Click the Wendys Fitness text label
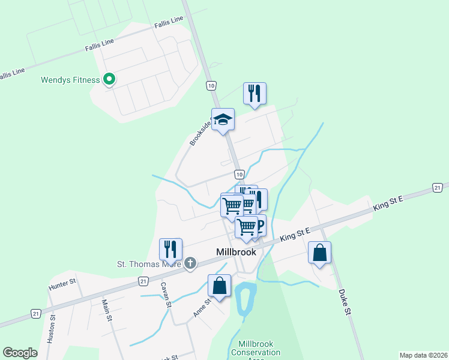70,80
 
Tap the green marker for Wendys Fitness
109,79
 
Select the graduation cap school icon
223,119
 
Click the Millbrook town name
236,252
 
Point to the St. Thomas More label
149,263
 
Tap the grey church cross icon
190,263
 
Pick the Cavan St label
166,295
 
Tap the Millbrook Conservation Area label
255,352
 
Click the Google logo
20,353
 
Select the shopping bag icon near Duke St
319,253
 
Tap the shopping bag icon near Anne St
219,286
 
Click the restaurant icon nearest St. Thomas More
170,248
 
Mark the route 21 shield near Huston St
36,314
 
